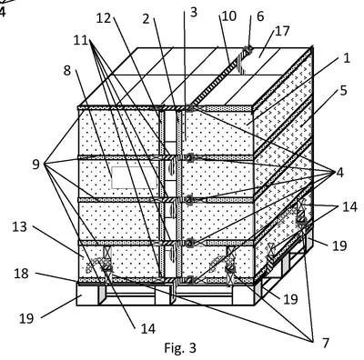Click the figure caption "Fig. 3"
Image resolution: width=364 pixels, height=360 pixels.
click(x=180, y=348)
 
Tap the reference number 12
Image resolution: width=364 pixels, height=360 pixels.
click(x=105, y=18)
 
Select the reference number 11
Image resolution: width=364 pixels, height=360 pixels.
click(x=81, y=40)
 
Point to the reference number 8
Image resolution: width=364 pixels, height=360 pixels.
click(x=67, y=71)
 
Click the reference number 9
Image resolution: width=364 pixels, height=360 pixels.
click(x=36, y=165)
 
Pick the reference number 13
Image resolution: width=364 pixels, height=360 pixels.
click(x=20, y=226)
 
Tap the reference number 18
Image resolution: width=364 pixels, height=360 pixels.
click(x=22, y=274)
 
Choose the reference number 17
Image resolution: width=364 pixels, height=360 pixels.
click(x=282, y=31)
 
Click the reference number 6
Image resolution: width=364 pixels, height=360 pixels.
click(x=260, y=16)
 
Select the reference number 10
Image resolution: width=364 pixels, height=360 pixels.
click(x=229, y=15)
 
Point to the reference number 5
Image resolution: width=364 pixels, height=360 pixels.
click(x=343, y=90)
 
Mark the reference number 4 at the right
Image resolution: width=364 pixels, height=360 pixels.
click(x=339, y=173)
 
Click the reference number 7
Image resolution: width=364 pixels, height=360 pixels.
click(x=326, y=343)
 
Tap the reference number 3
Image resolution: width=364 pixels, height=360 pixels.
click(x=194, y=12)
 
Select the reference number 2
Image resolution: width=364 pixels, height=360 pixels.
click(x=147, y=19)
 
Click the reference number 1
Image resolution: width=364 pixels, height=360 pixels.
click(x=347, y=58)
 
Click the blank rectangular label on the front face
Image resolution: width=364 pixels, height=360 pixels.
click(x=135, y=177)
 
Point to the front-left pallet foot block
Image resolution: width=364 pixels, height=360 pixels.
click(x=87, y=295)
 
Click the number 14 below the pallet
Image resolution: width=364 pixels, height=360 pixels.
click(x=148, y=328)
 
